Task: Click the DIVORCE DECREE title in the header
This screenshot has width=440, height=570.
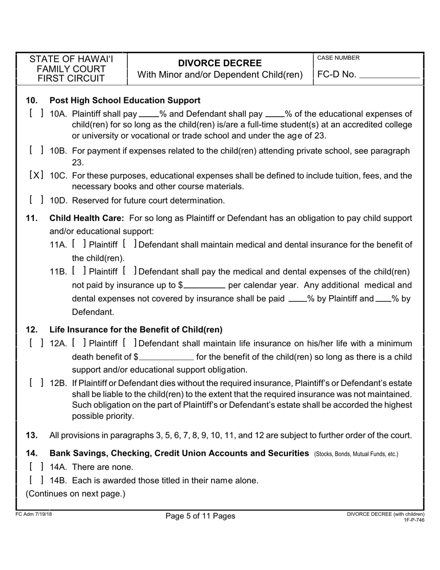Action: (220, 63)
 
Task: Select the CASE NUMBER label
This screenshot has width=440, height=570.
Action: (338, 58)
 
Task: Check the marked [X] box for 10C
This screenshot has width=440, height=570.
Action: (37, 176)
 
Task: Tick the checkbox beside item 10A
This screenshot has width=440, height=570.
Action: (37, 114)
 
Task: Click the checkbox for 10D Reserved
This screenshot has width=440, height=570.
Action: (37, 200)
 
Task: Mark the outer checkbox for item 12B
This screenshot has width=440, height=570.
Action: (37, 383)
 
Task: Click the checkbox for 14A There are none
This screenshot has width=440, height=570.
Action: (37, 466)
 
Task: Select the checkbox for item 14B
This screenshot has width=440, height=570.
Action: (37, 480)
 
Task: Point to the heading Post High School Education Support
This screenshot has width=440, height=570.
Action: (125, 100)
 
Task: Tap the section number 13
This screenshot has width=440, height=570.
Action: (31, 435)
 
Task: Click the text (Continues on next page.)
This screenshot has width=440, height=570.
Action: (75, 494)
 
